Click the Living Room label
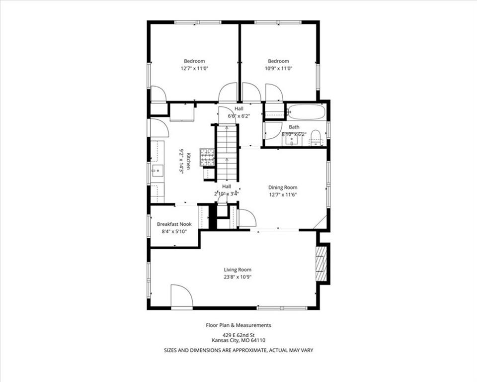coord(238,269)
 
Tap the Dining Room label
coord(283,188)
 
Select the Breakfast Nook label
coord(174,224)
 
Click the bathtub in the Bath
coord(307,111)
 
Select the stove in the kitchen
coord(207,157)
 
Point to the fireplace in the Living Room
coord(322,263)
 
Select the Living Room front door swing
coord(181,297)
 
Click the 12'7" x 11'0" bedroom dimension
coord(194,68)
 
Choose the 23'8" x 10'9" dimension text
coord(238,277)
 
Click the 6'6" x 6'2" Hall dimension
coord(238,116)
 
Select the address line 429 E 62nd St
coord(238,334)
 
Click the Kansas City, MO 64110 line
coord(238,340)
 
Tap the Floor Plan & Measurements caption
coord(238,325)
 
